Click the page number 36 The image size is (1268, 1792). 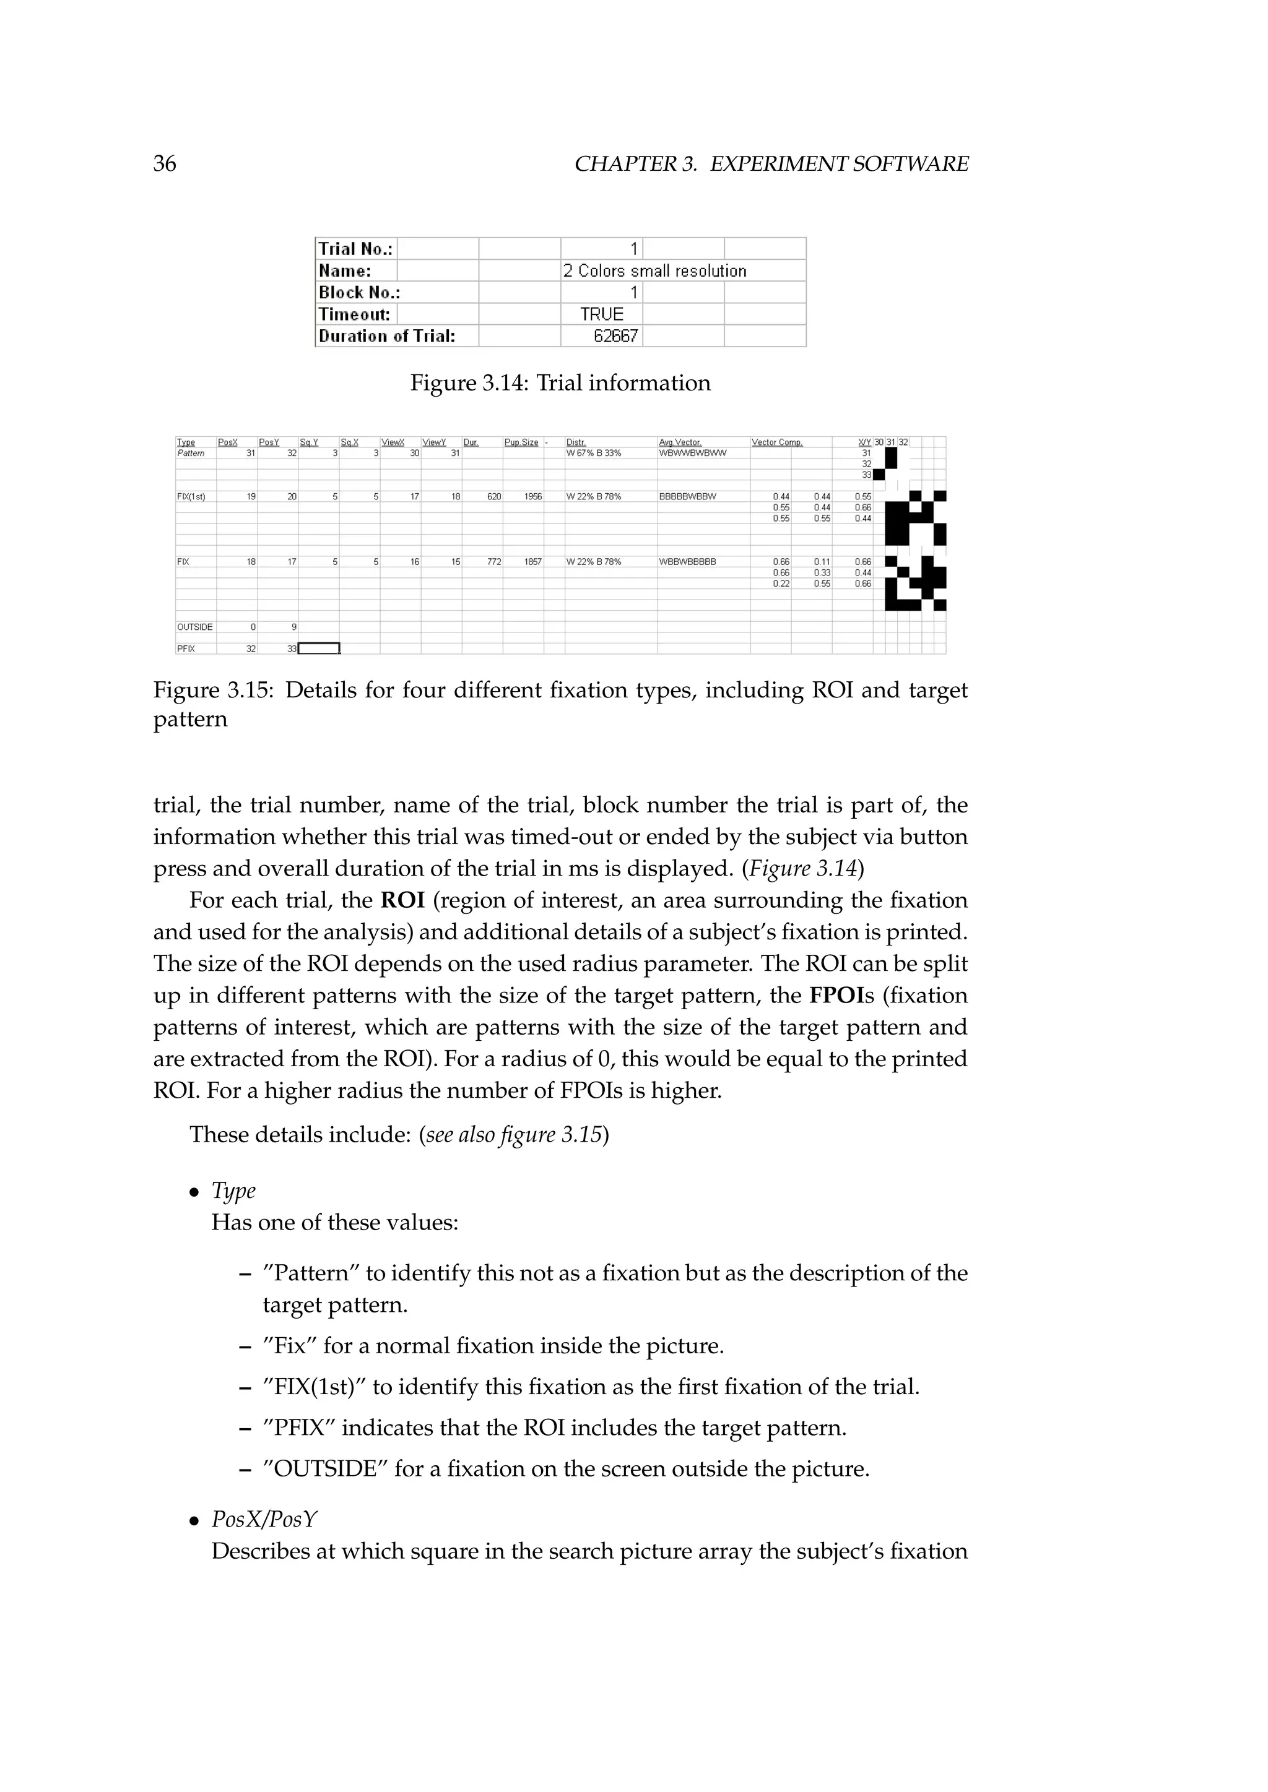165,164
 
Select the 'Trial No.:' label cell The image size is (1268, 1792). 356,249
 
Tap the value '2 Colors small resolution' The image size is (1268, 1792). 654,271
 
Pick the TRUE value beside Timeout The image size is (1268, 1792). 601,314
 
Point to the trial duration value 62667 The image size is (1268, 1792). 615,337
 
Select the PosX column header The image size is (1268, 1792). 228,442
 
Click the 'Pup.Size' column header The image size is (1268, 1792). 521,442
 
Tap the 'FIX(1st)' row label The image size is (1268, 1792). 191,496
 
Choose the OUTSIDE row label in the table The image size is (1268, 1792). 194,627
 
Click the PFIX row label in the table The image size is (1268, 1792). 186,648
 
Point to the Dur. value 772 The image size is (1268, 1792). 493,562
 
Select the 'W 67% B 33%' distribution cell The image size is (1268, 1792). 593,454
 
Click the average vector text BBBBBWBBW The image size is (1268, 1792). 687,496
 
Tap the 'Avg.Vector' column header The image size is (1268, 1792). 680,442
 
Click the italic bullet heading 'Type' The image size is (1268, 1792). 233,1191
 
